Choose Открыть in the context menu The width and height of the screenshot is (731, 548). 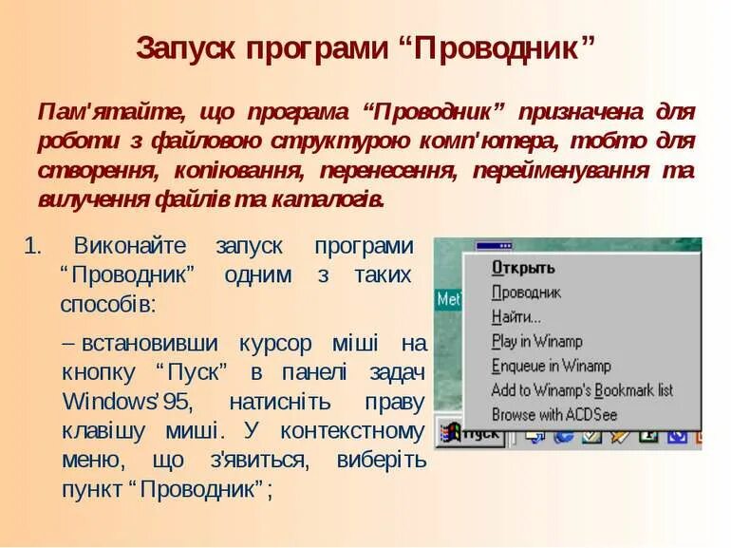pos(522,268)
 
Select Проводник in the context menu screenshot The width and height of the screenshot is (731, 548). pos(526,293)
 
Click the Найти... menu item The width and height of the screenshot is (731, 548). pos(515,317)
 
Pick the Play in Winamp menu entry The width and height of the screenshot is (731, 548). pos(536,341)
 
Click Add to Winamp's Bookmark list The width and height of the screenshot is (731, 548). pos(581,389)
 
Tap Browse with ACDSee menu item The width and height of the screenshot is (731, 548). pos(553,414)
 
